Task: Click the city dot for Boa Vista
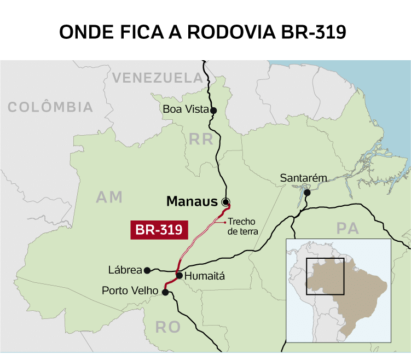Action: (x=213, y=110)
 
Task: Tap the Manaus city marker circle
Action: (x=225, y=201)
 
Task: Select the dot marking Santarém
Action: (x=308, y=193)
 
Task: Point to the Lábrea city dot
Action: (x=147, y=270)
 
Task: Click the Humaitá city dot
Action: (x=179, y=275)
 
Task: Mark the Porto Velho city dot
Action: (x=165, y=292)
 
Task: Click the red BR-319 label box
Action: (x=159, y=230)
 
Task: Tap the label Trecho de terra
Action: (x=243, y=227)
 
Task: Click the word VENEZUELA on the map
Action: (x=157, y=78)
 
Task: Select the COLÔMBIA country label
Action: (x=50, y=107)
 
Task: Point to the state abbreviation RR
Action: (x=201, y=140)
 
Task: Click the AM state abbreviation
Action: (x=109, y=197)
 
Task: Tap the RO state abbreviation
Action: (x=167, y=327)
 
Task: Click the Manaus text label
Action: (x=192, y=201)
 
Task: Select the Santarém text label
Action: (x=303, y=178)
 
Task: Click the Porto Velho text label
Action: (x=130, y=291)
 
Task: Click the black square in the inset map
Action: (x=325, y=276)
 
